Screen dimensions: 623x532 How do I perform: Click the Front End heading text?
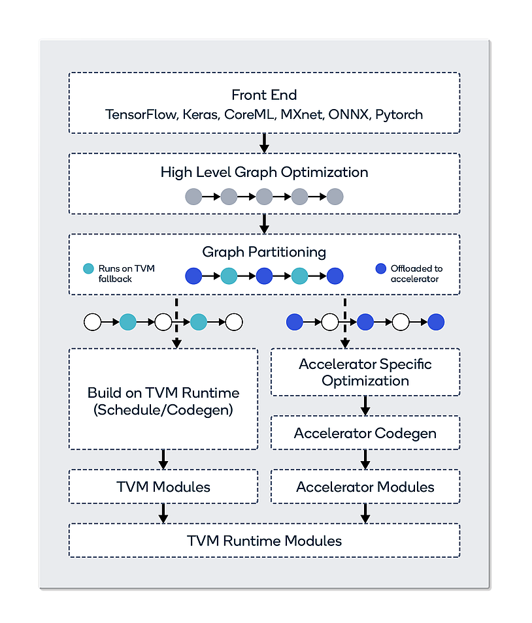(x=264, y=95)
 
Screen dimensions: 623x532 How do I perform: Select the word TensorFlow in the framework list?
(x=140, y=115)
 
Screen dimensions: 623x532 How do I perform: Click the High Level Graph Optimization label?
(x=264, y=172)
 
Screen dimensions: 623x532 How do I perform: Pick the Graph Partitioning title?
(x=264, y=251)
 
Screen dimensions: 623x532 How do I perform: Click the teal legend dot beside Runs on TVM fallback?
(x=89, y=268)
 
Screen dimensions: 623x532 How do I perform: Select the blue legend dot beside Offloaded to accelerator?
(x=381, y=268)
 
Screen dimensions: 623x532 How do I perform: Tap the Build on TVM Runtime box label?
(x=163, y=401)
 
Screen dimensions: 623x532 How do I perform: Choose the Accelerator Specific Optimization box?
(x=365, y=372)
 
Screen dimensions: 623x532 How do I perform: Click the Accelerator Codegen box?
(x=365, y=433)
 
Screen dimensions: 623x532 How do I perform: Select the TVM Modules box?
(x=163, y=487)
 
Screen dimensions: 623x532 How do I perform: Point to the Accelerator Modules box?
(x=365, y=487)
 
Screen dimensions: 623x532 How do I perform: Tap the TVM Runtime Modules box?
(x=264, y=540)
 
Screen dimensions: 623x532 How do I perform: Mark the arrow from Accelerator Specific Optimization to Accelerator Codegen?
(x=365, y=406)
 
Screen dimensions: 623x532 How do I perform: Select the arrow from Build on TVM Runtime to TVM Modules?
(x=163, y=459)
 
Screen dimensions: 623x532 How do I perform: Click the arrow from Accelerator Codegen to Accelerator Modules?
(x=365, y=459)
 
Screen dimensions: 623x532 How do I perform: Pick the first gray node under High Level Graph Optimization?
(x=193, y=196)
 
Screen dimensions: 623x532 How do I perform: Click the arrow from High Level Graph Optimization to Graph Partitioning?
(x=264, y=223)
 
